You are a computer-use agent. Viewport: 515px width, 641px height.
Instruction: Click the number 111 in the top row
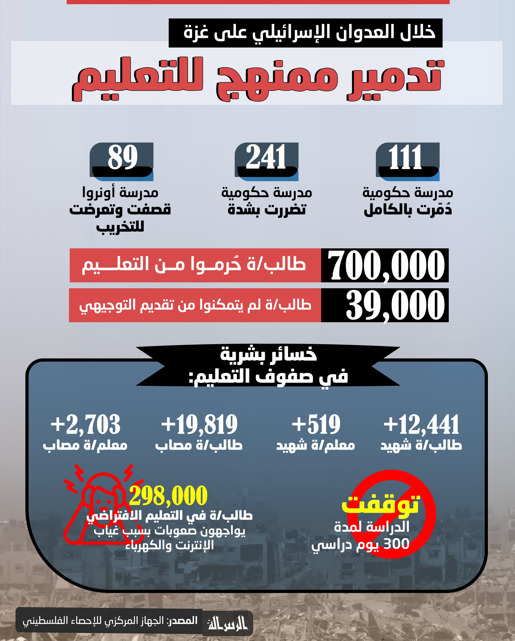pyautogui.click(x=405, y=158)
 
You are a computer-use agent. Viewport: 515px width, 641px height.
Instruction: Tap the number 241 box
pyautogui.click(x=266, y=158)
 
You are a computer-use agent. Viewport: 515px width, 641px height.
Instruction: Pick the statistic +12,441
pyautogui.click(x=421, y=425)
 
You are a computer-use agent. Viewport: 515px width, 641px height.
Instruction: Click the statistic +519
pyautogui.click(x=316, y=425)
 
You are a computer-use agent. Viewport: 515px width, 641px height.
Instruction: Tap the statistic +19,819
pyautogui.click(x=199, y=425)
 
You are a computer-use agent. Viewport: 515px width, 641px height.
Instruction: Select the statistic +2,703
pyautogui.click(x=85, y=425)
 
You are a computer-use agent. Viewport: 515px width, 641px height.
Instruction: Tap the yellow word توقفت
pyautogui.click(x=381, y=504)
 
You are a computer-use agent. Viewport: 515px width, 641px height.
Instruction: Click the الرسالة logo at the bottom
pyautogui.click(x=228, y=623)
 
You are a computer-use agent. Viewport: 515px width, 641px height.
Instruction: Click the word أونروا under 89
pyautogui.click(x=99, y=193)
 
